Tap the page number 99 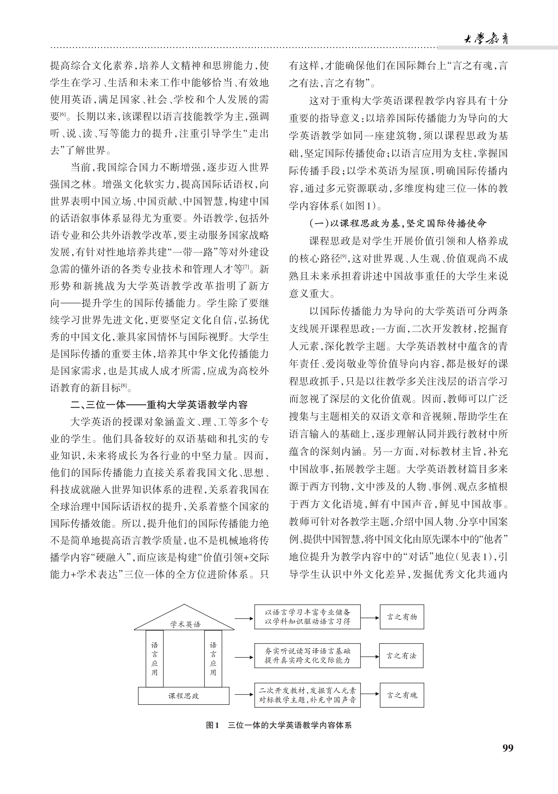pyautogui.click(x=508, y=748)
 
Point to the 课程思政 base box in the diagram pyautogui.click(x=184, y=696)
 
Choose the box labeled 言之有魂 pyautogui.click(x=402, y=695)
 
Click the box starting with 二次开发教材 pyautogui.click(x=307, y=695)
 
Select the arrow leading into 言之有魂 pyautogui.click(x=370, y=694)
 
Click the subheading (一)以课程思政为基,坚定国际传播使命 pyautogui.click(x=398, y=223)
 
